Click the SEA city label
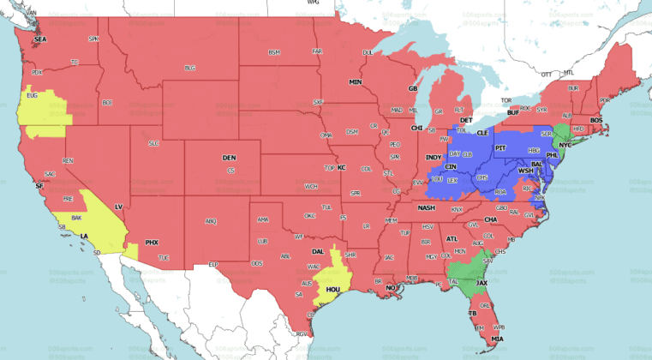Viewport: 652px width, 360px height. (x=39, y=40)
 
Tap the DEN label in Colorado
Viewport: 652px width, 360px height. (x=229, y=159)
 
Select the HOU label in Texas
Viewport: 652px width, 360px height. (x=333, y=290)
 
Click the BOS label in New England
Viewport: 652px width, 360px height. (x=595, y=120)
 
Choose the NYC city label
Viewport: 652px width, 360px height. (x=565, y=145)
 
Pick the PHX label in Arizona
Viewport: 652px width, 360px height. (x=152, y=243)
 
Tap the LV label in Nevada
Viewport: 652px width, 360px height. (x=119, y=207)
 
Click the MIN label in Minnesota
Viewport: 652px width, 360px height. (x=355, y=82)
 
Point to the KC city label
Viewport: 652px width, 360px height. (x=341, y=168)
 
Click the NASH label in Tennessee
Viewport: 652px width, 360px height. (x=426, y=207)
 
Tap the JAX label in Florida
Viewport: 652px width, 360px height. (x=482, y=282)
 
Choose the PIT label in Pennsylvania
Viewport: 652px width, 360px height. (x=502, y=148)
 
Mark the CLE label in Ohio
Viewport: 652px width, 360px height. (x=482, y=134)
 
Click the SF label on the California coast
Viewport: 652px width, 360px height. (x=39, y=185)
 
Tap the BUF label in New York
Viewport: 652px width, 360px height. (x=513, y=113)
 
